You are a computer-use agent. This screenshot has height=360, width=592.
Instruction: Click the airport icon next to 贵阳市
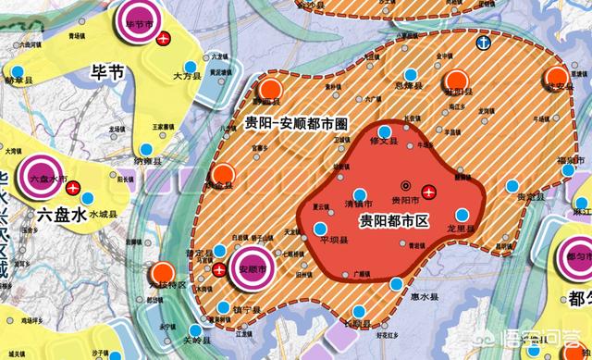[430, 192]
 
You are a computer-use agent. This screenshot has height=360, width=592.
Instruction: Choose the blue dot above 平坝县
[320, 228]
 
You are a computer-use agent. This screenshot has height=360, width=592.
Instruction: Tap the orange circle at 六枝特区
[164, 272]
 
